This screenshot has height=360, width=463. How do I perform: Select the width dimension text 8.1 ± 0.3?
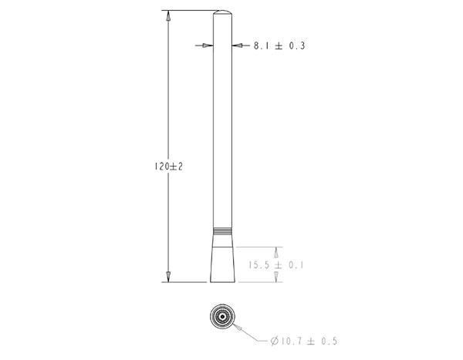click(x=279, y=46)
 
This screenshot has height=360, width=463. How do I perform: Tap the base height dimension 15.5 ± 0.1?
click(x=275, y=265)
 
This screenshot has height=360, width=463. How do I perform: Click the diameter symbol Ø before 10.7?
click(x=275, y=340)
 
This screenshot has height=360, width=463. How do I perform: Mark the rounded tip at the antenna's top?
click(x=222, y=13)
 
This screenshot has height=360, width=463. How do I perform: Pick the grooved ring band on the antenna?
click(x=222, y=230)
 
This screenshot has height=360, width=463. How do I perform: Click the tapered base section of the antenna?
click(x=222, y=258)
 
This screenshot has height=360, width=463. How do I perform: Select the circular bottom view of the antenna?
click(x=222, y=316)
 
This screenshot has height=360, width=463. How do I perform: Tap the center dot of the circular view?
click(x=222, y=316)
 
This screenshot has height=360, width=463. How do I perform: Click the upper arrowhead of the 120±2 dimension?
click(x=167, y=15)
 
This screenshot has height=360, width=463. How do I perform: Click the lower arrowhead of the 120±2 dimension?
click(x=167, y=277)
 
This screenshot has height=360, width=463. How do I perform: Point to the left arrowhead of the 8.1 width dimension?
click(x=207, y=45)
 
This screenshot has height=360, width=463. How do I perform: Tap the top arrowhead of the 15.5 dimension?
click(x=276, y=251)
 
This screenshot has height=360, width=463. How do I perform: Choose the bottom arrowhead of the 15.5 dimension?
click(x=276, y=278)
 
